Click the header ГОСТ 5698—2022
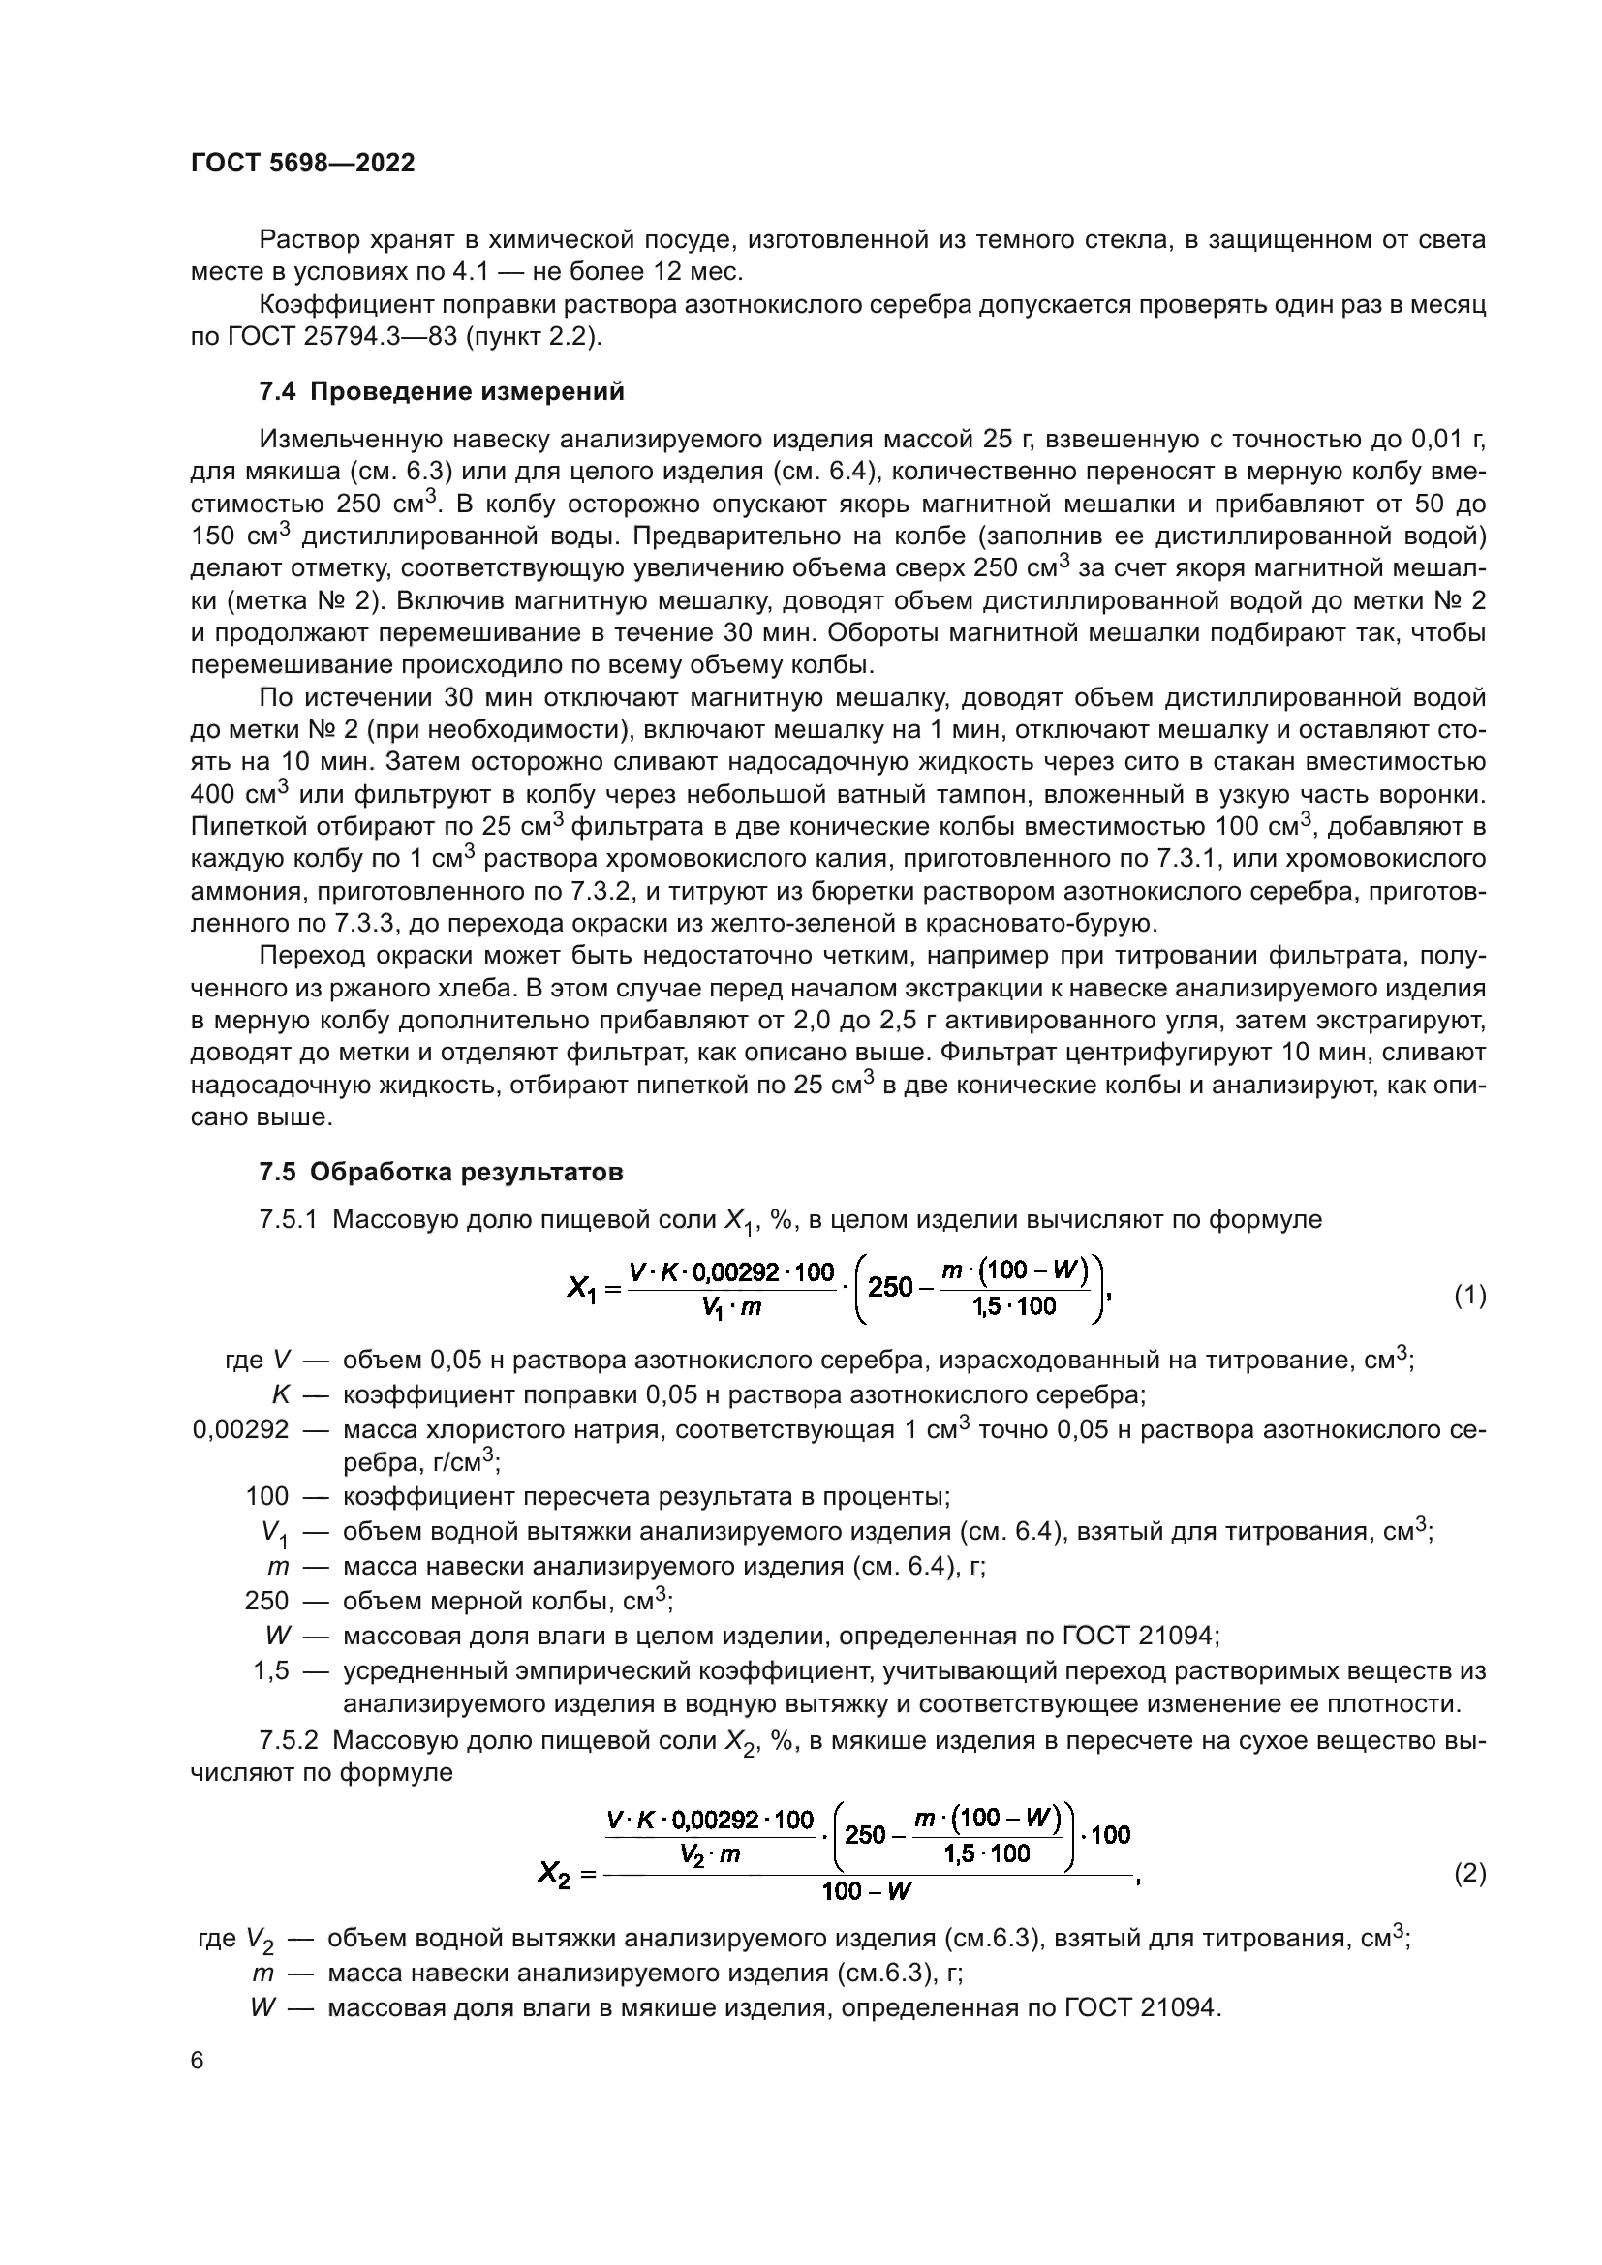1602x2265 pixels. click(303, 163)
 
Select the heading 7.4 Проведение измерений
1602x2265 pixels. click(441, 391)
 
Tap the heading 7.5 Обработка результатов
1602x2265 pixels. click(441, 1172)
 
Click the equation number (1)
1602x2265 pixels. click(1470, 1296)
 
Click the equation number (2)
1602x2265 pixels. click(1470, 1874)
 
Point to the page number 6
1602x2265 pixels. click(198, 2061)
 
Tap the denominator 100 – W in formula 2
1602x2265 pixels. click(866, 1891)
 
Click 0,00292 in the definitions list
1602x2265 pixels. click(241, 1429)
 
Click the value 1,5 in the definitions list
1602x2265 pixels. click(271, 1671)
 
